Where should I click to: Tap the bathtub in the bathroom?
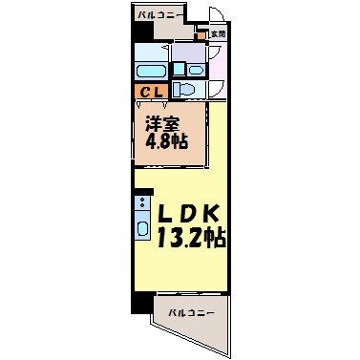pos(151,73)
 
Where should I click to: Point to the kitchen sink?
pos(141,229)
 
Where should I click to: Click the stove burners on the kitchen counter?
pos(141,203)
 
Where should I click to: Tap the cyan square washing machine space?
pos(179,69)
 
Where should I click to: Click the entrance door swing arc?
pos(218,16)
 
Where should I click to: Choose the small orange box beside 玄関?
pos(202,34)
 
